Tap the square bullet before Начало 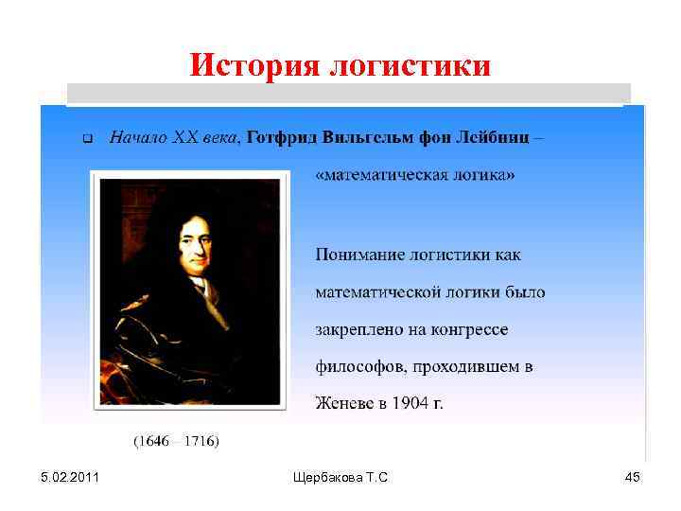[84, 139]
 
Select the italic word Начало [137, 137]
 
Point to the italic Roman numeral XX [184, 137]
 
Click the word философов [357, 366]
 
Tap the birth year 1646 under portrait [152, 441]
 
